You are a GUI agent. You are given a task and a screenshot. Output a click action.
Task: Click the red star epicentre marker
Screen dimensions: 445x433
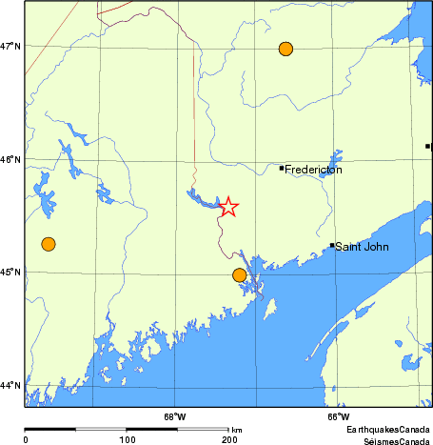(x=228, y=207)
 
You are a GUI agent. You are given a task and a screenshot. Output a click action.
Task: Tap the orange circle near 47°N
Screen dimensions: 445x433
(x=285, y=49)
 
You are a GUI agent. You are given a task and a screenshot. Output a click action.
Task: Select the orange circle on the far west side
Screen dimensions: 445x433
(x=49, y=244)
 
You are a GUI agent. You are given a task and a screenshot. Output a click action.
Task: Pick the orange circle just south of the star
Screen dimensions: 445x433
(x=239, y=275)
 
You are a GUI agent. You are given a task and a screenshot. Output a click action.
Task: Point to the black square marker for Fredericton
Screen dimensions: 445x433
(x=282, y=169)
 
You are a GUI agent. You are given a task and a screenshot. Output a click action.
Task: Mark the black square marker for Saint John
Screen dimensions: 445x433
(x=332, y=245)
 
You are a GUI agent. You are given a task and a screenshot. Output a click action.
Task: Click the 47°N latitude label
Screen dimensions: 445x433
(x=12, y=46)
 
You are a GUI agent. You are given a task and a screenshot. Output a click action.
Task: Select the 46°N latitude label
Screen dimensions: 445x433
(x=12, y=159)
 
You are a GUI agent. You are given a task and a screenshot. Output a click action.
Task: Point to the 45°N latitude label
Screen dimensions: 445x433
(x=12, y=273)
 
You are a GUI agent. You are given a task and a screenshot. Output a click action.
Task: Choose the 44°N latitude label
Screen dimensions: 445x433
(x=12, y=385)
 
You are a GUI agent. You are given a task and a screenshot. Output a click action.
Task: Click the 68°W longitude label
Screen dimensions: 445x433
(x=175, y=416)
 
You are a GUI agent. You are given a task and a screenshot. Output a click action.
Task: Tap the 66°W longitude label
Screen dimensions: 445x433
(x=338, y=416)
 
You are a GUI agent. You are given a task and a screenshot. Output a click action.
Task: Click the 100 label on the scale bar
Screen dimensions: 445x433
(x=127, y=439)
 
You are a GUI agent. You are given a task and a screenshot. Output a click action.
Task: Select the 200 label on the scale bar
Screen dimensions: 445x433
(x=228, y=439)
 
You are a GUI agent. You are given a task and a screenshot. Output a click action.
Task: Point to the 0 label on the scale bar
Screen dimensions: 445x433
(x=25, y=439)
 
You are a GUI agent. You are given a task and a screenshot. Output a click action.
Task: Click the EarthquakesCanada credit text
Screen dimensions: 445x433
(x=388, y=430)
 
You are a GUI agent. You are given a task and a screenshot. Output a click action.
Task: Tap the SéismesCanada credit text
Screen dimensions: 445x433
(x=391, y=439)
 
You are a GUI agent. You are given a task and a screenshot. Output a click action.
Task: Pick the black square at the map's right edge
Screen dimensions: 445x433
(x=428, y=146)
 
